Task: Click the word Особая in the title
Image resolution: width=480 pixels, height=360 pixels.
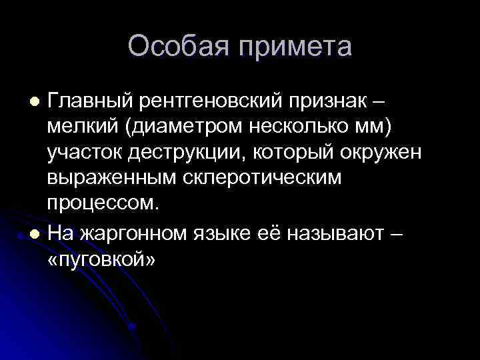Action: pos(175,47)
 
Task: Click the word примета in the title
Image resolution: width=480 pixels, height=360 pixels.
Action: pos(291,47)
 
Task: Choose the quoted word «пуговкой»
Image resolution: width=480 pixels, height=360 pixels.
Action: pos(101,259)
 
